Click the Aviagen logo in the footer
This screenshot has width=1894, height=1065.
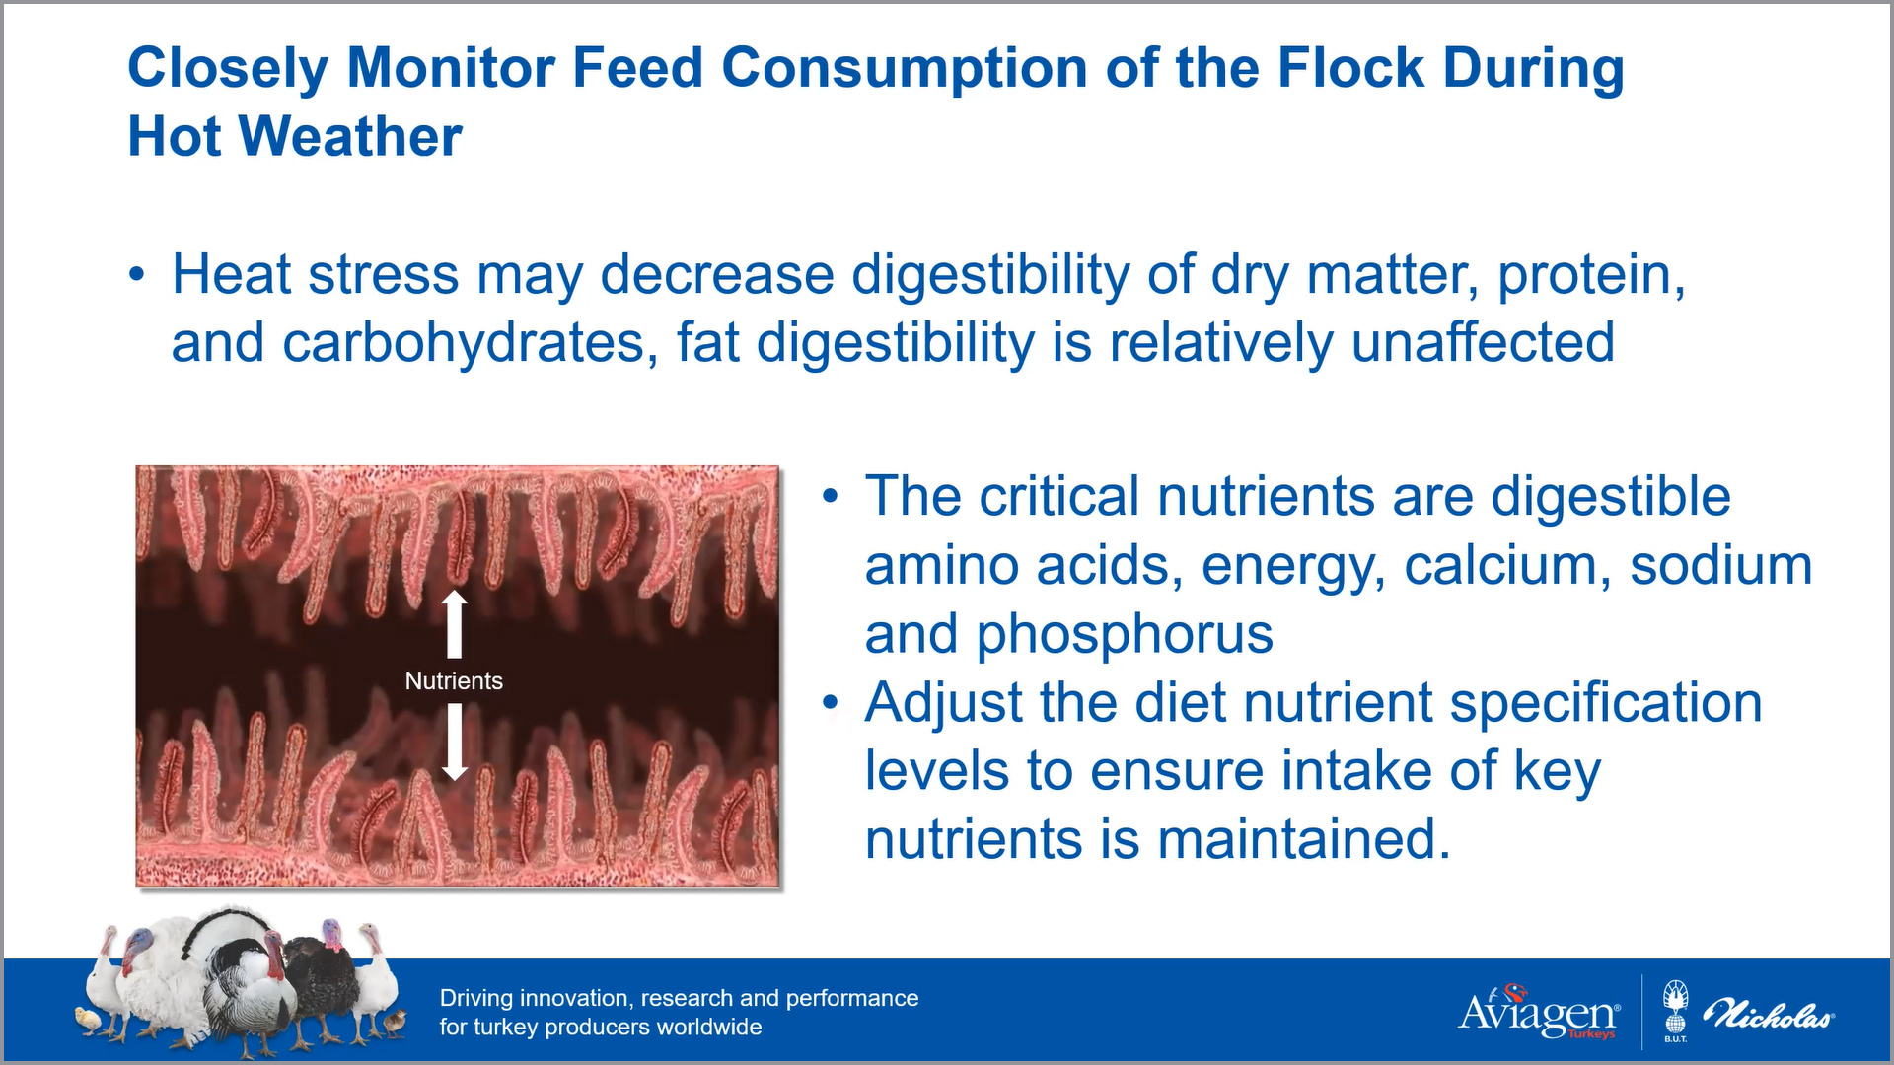point(1539,1013)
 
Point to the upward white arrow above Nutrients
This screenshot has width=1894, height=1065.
point(454,624)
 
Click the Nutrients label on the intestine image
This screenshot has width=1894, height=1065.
point(454,680)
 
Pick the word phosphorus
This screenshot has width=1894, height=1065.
point(1125,635)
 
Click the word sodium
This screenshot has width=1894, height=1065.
point(1721,565)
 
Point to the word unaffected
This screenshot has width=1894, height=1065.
point(1483,342)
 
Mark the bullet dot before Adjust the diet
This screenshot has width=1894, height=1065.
point(832,703)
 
